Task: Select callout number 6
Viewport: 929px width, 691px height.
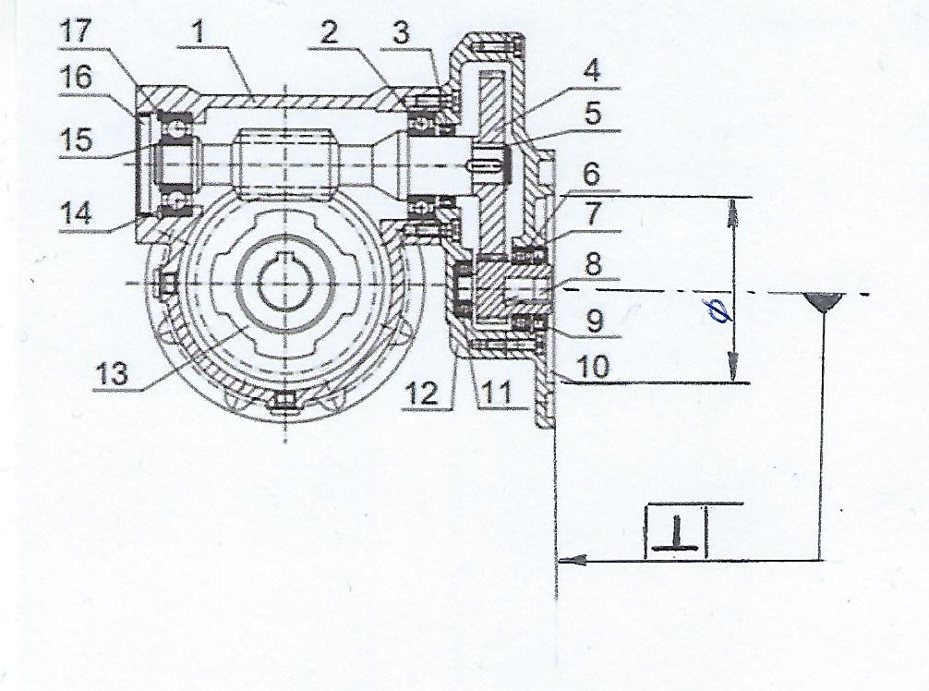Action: tap(593, 175)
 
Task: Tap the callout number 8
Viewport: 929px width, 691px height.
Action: tap(594, 265)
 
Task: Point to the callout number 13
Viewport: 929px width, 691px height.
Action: tap(113, 374)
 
